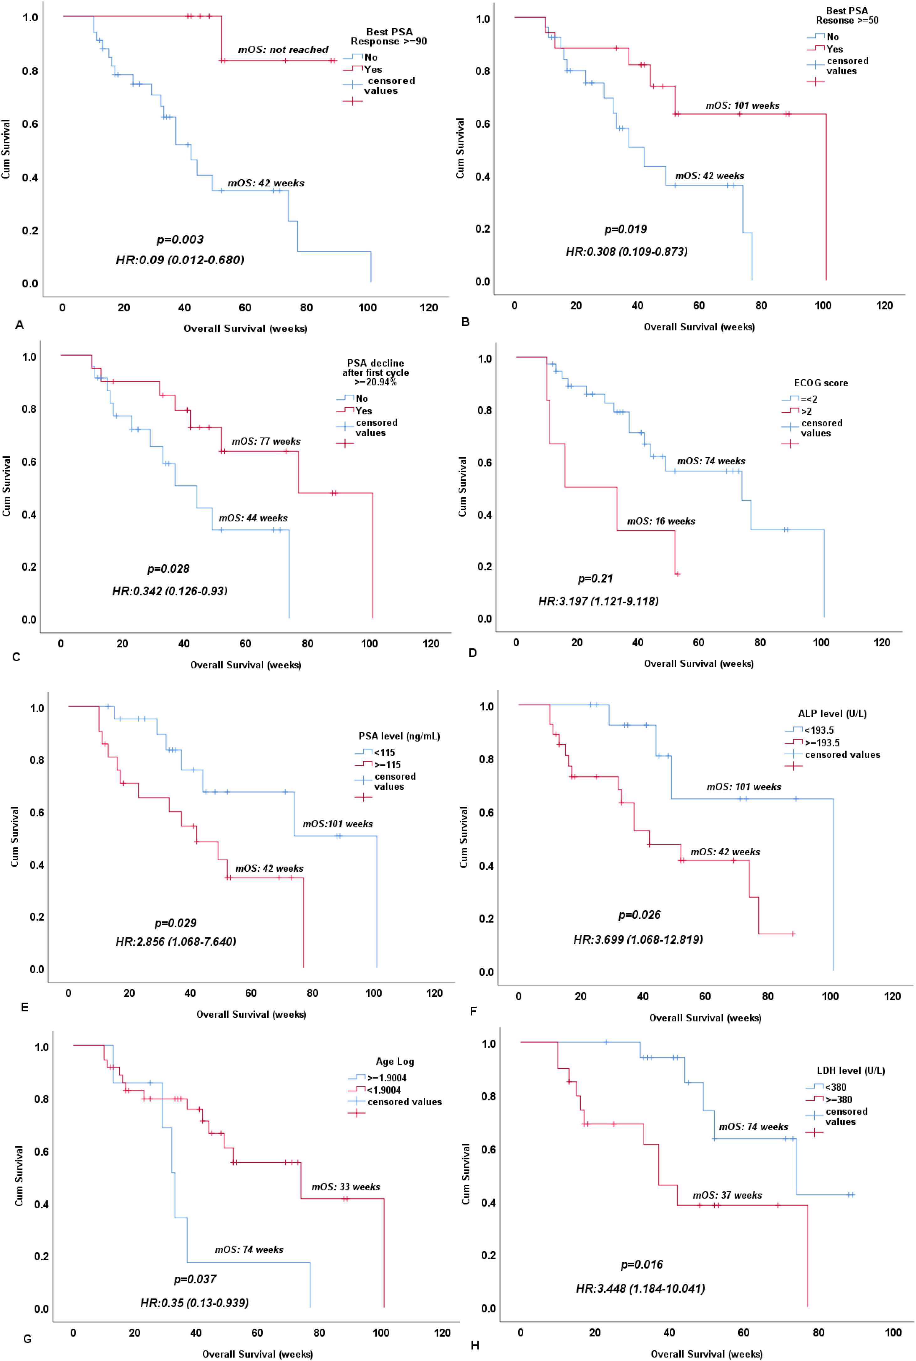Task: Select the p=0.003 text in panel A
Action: point(180,240)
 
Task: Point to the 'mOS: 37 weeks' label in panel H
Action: point(727,1179)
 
